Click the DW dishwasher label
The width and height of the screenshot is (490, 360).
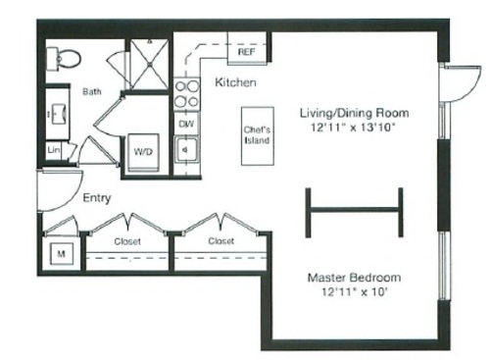click(x=185, y=124)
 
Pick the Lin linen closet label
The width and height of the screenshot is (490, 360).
click(x=54, y=151)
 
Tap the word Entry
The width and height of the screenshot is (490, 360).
click(x=96, y=198)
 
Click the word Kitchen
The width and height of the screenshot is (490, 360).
click(x=235, y=82)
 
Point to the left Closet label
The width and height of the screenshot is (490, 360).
click(x=128, y=239)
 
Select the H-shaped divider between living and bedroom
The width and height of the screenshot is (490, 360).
click(x=354, y=208)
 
